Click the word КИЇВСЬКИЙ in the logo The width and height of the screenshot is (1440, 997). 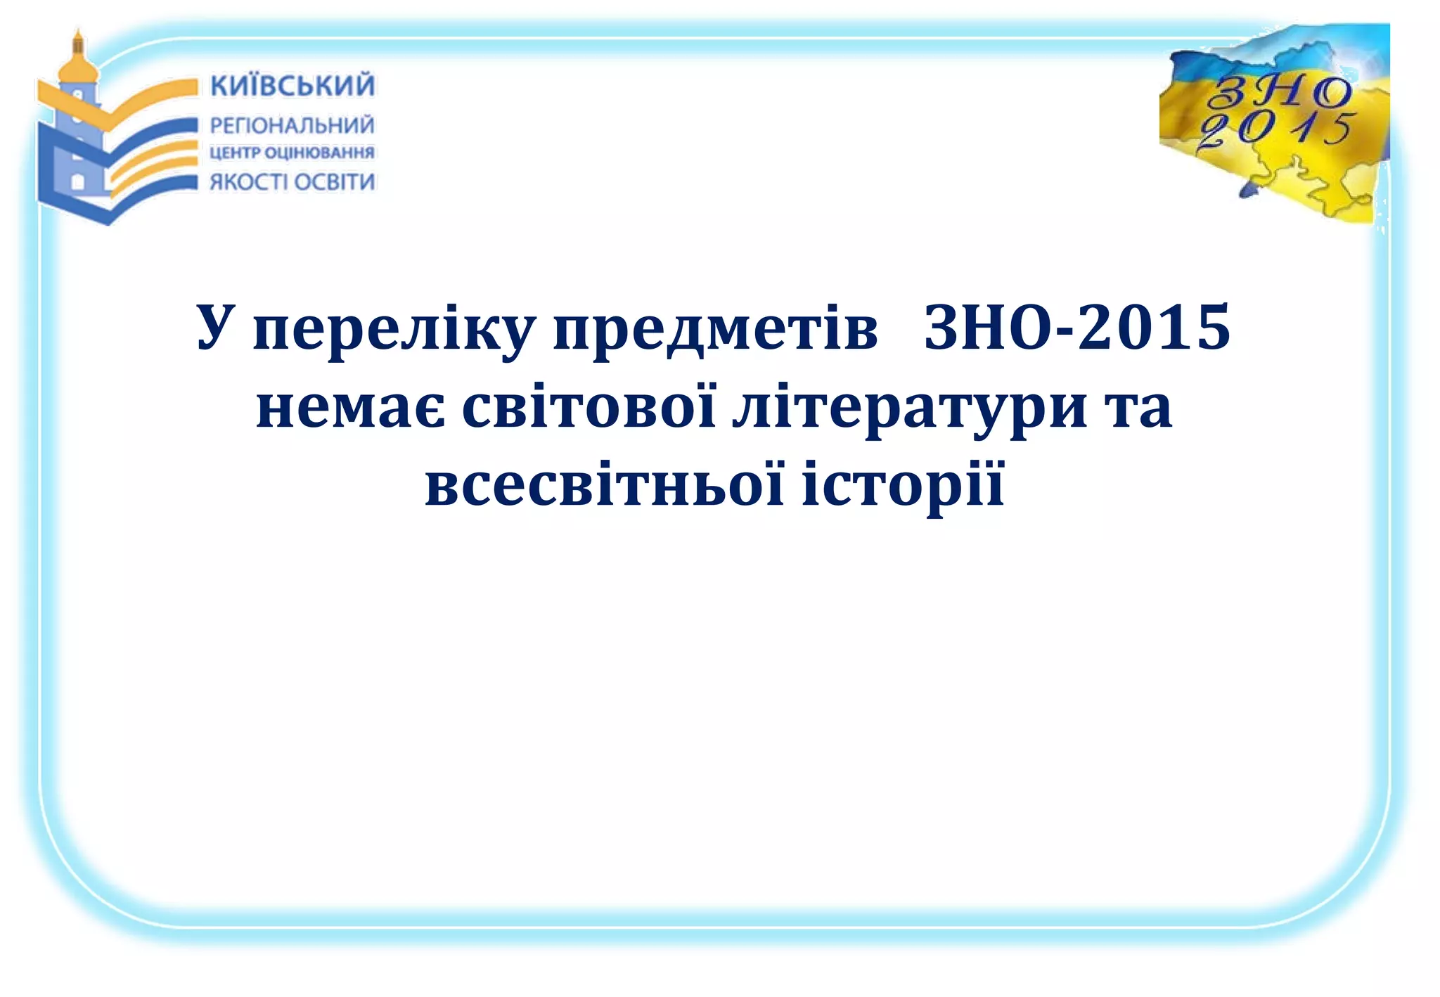(x=292, y=86)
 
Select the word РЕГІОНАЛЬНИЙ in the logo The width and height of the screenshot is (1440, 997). (x=292, y=126)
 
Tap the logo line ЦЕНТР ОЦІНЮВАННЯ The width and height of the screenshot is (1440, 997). (x=292, y=153)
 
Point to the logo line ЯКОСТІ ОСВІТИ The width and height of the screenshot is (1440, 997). (x=292, y=182)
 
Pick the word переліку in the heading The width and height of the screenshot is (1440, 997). (x=394, y=330)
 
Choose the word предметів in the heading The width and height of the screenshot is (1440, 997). (x=715, y=330)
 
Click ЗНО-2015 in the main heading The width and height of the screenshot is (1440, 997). (x=1076, y=327)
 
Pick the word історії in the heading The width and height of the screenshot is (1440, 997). (x=903, y=487)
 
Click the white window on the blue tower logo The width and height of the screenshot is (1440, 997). (x=78, y=181)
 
